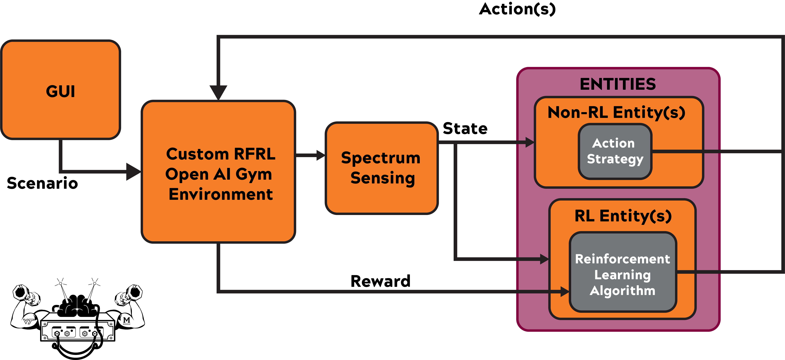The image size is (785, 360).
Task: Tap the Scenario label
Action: click(x=42, y=183)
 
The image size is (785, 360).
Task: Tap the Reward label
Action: click(x=380, y=281)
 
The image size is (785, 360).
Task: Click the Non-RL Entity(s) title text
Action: click(x=616, y=112)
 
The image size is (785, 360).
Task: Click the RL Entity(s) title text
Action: click(x=623, y=216)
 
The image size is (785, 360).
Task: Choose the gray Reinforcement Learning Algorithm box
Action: click(x=623, y=272)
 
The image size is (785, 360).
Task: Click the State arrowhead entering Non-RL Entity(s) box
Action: click(x=530, y=142)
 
